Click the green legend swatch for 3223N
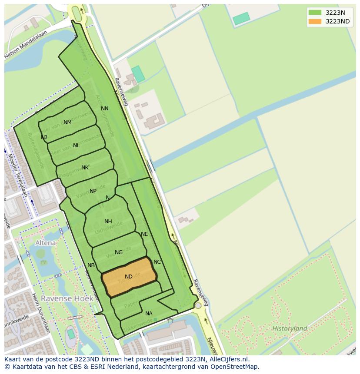pyautogui.click(x=315, y=12)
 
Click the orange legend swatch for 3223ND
pyautogui.click(x=315, y=21)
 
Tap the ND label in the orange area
pyautogui.click(x=129, y=277)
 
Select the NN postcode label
pyautogui.click(x=105, y=109)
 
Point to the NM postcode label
pyautogui.click(x=67, y=122)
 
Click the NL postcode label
pyautogui.click(x=77, y=146)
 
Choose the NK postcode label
pyautogui.click(x=85, y=168)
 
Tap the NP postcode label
pyautogui.click(x=93, y=191)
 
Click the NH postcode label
pyautogui.click(x=108, y=222)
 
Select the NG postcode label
pyautogui.click(x=119, y=252)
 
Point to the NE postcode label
pyautogui.click(x=144, y=234)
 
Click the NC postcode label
pyautogui.click(x=157, y=262)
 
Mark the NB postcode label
pyautogui.click(x=91, y=265)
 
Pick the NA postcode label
pyautogui.click(x=149, y=314)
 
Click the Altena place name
pyautogui.click(x=46, y=243)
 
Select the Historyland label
pyautogui.click(x=290, y=328)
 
